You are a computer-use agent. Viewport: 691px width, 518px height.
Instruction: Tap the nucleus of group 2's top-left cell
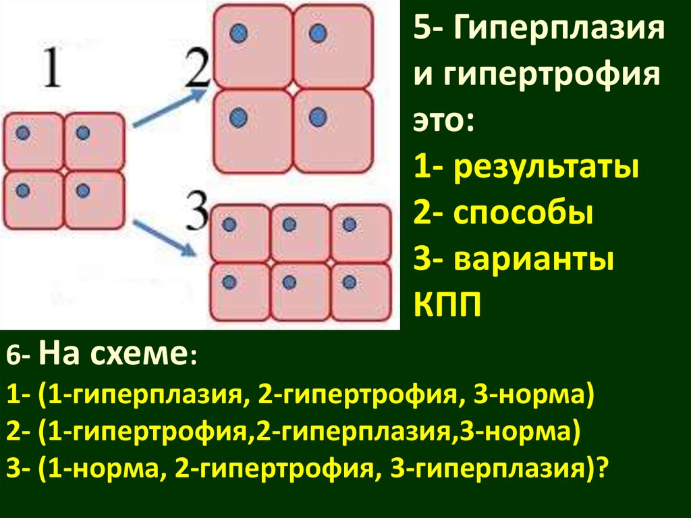click(237, 32)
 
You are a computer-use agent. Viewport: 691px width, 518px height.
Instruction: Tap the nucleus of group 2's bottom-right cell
click(317, 118)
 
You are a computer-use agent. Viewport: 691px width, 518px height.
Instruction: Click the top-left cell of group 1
click(34, 140)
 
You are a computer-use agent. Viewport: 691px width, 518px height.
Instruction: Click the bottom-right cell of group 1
click(94, 198)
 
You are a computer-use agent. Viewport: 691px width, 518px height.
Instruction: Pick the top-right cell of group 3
click(361, 232)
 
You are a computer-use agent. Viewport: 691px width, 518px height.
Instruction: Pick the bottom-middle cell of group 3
click(300, 290)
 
